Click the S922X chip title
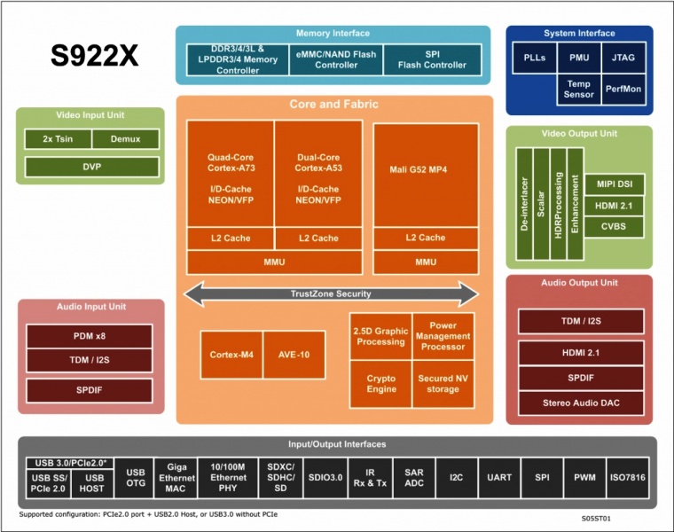click(x=95, y=56)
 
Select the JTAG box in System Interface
click(x=623, y=58)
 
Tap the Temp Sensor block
click(x=578, y=90)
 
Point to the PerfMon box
click(x=623, y=90)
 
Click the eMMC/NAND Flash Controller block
click(x=336, y=59)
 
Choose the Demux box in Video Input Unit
click(x=126, y=139)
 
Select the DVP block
click(x=92, y=167)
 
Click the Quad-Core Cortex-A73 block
click(x=231, y=174)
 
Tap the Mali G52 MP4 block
click(x=426, y=175)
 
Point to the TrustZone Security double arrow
click(x=331, y=294)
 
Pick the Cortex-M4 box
click(x=231, y=355)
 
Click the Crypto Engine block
click(x=380, y=384)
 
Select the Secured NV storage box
click(x=443, y=384)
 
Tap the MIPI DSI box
click(x=615, y=184)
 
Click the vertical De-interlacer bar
click(x=524, y=204)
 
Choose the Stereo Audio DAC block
click(x=581, y=403)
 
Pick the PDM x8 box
click(x=90, y=336)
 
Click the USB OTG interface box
click(x=136, y=477)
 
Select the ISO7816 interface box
click(x=628, y=477)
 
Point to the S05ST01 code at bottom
click(x=596, y=519)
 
